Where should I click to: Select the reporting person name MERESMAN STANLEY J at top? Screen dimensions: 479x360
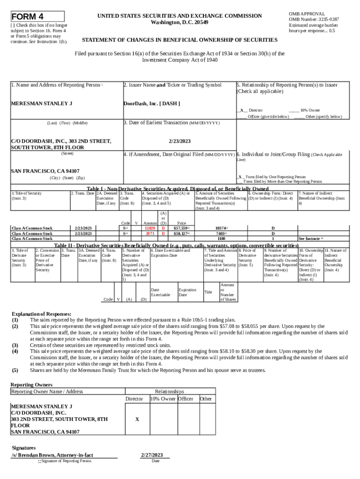(x=41, y=103)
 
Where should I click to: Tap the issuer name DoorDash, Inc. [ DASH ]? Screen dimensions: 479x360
(x=151, y=103)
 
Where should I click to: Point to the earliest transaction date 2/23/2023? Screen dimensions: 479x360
(x=179, y=140)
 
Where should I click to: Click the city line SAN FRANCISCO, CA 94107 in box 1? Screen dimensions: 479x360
(x=45, y=171)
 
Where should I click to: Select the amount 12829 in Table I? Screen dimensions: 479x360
(x=150, y=228)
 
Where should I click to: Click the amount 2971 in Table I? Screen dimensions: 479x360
(x=150, y=233)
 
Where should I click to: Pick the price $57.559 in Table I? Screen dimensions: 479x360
(x=180, y=228)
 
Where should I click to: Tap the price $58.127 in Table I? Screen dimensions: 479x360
(x=180, y=233)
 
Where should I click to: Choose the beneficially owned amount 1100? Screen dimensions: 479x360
(x=221, y=238)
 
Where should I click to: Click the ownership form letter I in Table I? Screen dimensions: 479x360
(x=273, y=238)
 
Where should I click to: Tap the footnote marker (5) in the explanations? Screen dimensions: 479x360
(x=15, y=370)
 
